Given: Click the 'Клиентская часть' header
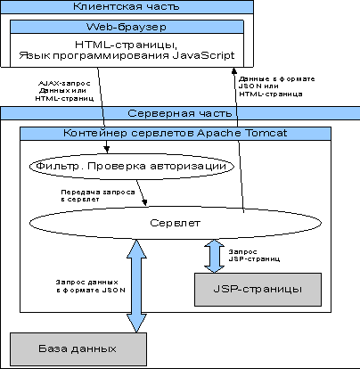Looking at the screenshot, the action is point(127,7).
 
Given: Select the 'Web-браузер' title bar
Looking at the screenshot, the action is point(127,27).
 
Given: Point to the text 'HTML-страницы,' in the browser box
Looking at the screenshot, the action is point(127,45).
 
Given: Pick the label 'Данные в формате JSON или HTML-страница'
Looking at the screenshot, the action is point(276,86).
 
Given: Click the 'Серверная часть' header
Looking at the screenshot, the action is point(180,113).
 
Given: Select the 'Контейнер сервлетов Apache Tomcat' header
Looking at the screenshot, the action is point(176,133).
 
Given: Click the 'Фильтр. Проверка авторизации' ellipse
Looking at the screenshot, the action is point(131,166).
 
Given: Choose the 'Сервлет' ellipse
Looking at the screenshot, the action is point(175,223).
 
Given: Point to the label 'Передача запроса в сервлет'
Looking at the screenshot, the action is point(98,196).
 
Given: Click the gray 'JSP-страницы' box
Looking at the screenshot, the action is point(258,290).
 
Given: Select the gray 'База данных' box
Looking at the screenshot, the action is point(78,349).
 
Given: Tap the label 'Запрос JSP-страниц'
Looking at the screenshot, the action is point(254,256).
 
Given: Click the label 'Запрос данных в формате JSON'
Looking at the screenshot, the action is point(91,286).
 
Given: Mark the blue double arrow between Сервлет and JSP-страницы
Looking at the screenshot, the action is point(214,256).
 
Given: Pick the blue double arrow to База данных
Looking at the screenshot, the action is point(136,286).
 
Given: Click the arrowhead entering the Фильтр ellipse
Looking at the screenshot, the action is point(107,149).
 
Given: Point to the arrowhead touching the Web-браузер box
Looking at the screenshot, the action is point(234,71).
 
